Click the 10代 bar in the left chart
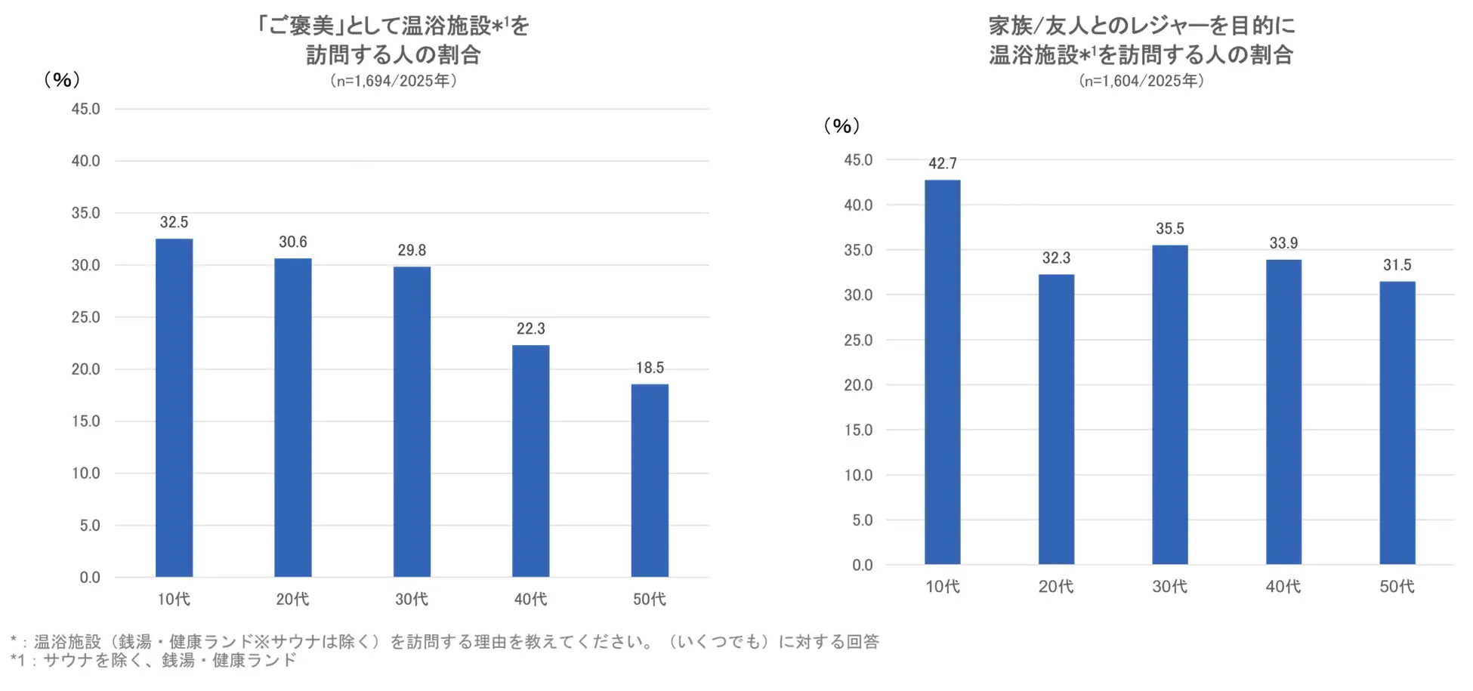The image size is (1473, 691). click(174, 408)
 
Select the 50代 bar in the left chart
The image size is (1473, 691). click(650, 480)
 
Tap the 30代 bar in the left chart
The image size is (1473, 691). click(412, 421)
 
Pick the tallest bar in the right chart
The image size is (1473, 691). click(943, 372)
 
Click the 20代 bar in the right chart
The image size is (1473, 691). click(1056, 419)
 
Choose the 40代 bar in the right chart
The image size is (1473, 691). click(1283, 412)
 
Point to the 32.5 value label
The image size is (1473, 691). click(174, 222)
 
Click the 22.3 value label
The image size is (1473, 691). click(530, 329)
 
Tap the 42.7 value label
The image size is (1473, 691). click(943, 163)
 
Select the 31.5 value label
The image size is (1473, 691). click(1397, 265)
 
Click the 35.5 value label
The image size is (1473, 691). click(1169, 228)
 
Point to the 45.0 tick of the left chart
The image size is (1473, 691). click(85, 109)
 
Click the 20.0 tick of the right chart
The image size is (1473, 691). click(858, 385)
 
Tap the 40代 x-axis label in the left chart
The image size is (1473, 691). click(530, 599)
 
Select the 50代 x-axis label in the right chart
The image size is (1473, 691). click(1397, 586)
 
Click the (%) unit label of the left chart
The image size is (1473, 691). click(62, 79)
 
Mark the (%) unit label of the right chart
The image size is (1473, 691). click(841, 125)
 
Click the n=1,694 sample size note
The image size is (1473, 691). click(393, 81)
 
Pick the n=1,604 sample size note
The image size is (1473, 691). click(1141, 81)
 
